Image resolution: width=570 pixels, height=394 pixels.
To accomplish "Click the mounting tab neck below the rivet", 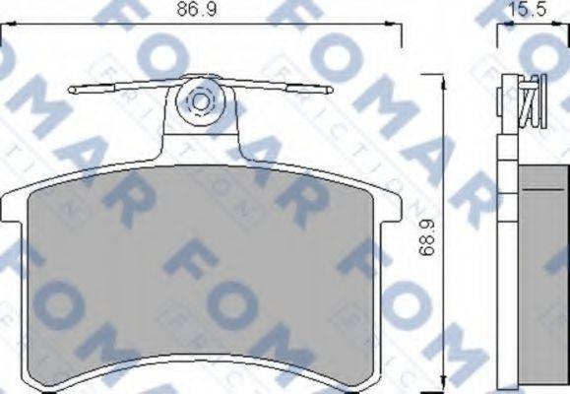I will point(203,138).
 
